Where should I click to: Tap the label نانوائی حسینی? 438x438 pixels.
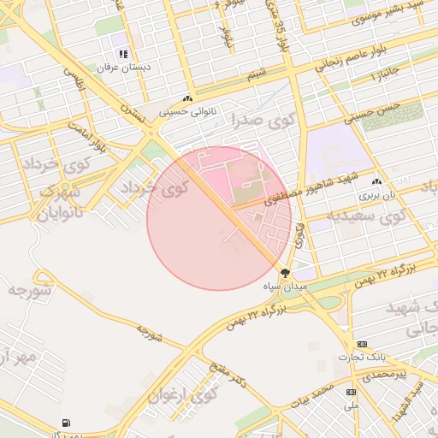[x=187, y=110]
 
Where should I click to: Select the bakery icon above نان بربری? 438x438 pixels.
[x=376, y=182]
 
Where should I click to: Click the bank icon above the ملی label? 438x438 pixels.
[x=351, y=392]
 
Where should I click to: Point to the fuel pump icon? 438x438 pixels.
[x=66, y=423]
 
